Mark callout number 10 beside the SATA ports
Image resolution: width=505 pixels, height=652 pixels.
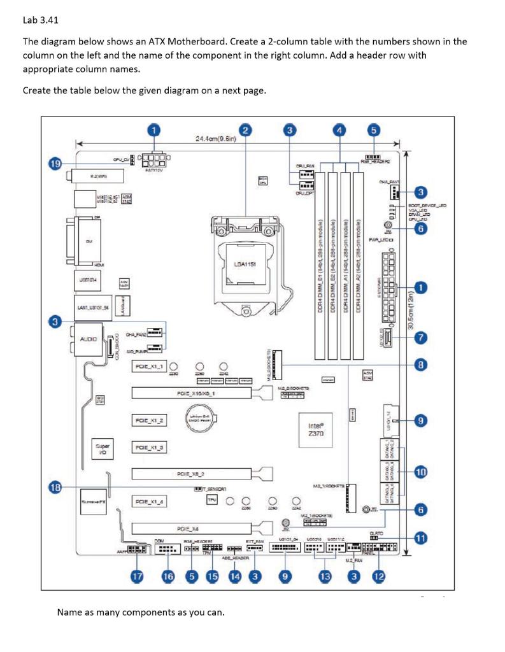pos(420,472)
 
